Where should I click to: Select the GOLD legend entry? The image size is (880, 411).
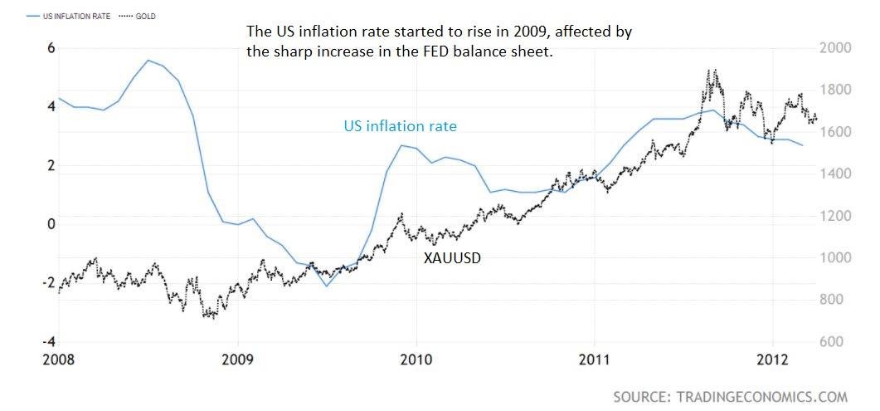coord(138,17)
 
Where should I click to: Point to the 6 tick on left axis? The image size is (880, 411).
coord(51,48)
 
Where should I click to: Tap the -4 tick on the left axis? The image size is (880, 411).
coord(49,342)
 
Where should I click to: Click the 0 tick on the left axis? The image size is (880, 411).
coord(51,224)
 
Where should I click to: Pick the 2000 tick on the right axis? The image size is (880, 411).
coord(835,48)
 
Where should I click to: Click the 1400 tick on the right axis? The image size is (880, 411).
coord(835,174)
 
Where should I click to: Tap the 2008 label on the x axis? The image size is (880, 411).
coord(59,360)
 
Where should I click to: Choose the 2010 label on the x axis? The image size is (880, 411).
coord(416,360)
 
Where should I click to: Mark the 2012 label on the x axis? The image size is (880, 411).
coord(773,360)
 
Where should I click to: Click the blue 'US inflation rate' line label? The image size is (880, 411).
coord(400,126)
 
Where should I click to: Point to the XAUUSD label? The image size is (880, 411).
coord(452,259)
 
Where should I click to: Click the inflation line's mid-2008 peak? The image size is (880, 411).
coord(148,60)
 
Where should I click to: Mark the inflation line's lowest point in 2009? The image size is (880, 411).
coord(326,286)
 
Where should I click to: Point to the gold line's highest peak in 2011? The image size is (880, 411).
coord(715,71)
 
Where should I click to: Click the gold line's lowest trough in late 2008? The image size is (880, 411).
coord(213,318)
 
